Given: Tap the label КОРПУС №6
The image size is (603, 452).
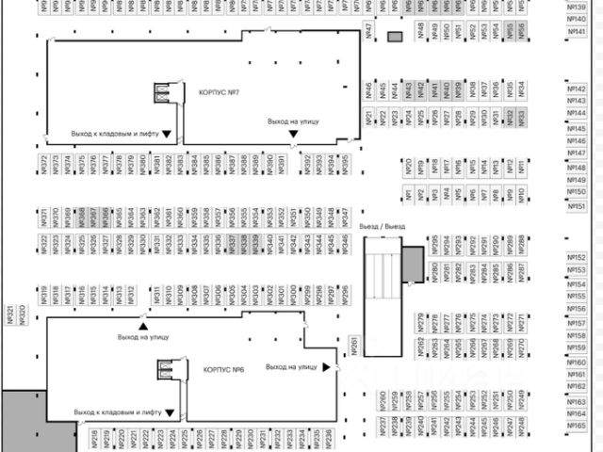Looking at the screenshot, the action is pyautogui.click(x=223, y=368).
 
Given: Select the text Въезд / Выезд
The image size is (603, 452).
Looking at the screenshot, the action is pyautogui.click(x=383, y=227).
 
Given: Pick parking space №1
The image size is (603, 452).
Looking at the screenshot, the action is pyautogui.click(x=407, y=196).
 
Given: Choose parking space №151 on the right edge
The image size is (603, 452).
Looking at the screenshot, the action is pyautogui.click(x=578, y=206).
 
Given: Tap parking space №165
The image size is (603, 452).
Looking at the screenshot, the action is pyautogui.click(x=578, y=426).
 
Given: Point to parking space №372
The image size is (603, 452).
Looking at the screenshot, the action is pyautogui.click(x=44, y=165).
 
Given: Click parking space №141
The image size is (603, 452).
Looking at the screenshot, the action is pyautogui.click(x=578, y=31).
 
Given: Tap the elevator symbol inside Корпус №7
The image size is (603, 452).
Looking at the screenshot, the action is pyautogui.click(x=163, y=93).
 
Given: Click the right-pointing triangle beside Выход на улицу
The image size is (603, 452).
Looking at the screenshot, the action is pyautogui.click(x=327, y=366).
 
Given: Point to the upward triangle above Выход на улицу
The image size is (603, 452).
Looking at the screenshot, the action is pyautogui.click(x=144, y=326).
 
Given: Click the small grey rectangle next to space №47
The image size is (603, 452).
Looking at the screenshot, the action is pyautogui.click(x=395, y=37).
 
